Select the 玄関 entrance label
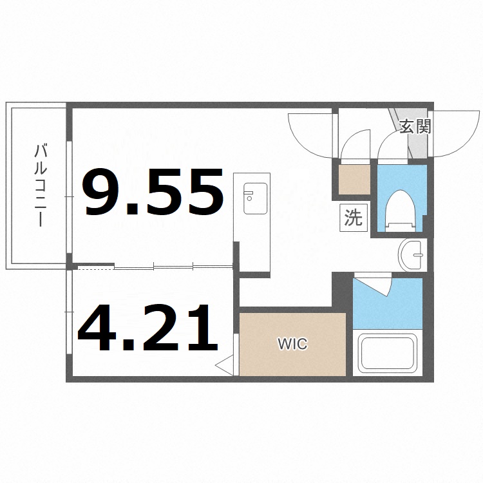(x=415, y=126)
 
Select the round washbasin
(x=412, y=255)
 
